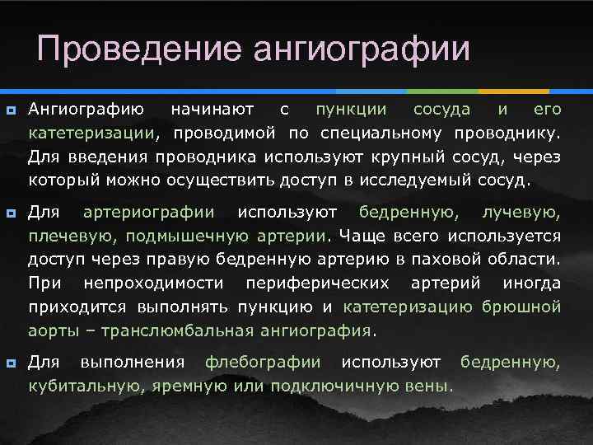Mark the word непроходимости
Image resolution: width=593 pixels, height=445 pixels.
point(152,283)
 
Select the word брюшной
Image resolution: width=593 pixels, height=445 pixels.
point(523,307)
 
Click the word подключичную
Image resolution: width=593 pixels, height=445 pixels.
point(302,386)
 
